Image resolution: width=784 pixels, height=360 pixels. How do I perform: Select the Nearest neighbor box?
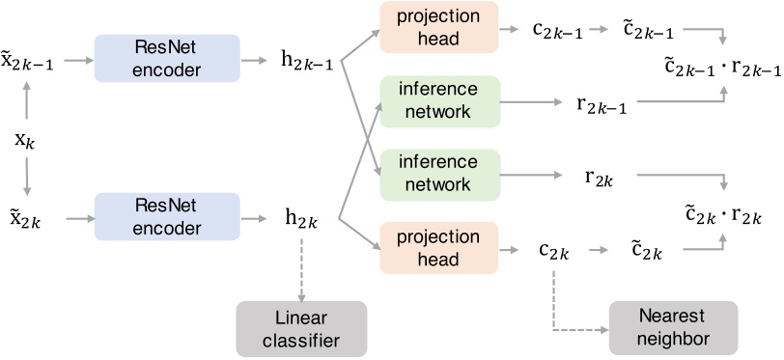tap(673, 328)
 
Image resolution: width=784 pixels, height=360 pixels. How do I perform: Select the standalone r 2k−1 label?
tap(601, 106)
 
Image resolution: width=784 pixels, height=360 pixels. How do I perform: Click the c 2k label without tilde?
tap(554, 252)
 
